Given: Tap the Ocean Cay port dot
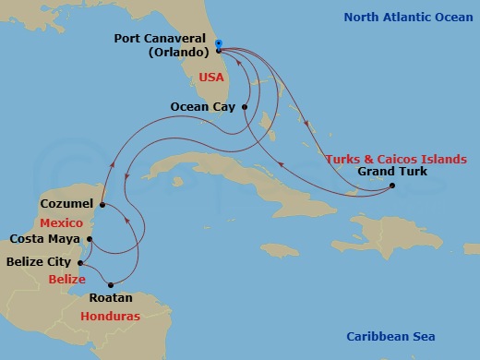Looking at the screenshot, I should click(x=245, y=107).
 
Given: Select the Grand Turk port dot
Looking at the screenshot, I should click(x=391, y=186).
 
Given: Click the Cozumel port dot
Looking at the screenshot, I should click(x=102, y=204).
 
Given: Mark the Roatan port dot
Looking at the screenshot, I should click(x=111, y=284).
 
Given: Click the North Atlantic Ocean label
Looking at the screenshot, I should click(x=401, y=17).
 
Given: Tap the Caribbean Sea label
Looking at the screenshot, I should click(x=390, y=336).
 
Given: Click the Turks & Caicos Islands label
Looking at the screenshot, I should click(x=396, y=159).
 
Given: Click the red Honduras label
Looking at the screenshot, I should click(x=109, y=316).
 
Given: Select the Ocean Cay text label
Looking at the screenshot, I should click(x=201, y=107).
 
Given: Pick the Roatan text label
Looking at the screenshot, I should click(x=111, y=298).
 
